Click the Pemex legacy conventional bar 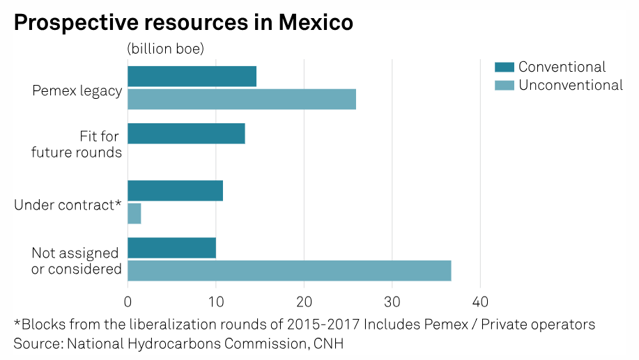[192, 77]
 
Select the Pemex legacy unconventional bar [242, 100]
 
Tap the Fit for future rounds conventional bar [186, 134]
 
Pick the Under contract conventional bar [175, 191]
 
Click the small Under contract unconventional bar [134, 214]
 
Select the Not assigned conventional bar [171, 248]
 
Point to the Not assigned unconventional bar [289, 271]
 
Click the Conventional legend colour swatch [504, 68]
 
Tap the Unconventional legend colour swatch [504, 86]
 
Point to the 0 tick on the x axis [128, 302]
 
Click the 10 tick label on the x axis [216, 302]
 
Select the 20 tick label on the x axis [304, 302]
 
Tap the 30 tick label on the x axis [392, 302]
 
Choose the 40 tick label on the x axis [480, 302]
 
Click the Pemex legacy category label [77, 91]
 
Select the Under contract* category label [68, 205]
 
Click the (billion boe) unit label [165, 49]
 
